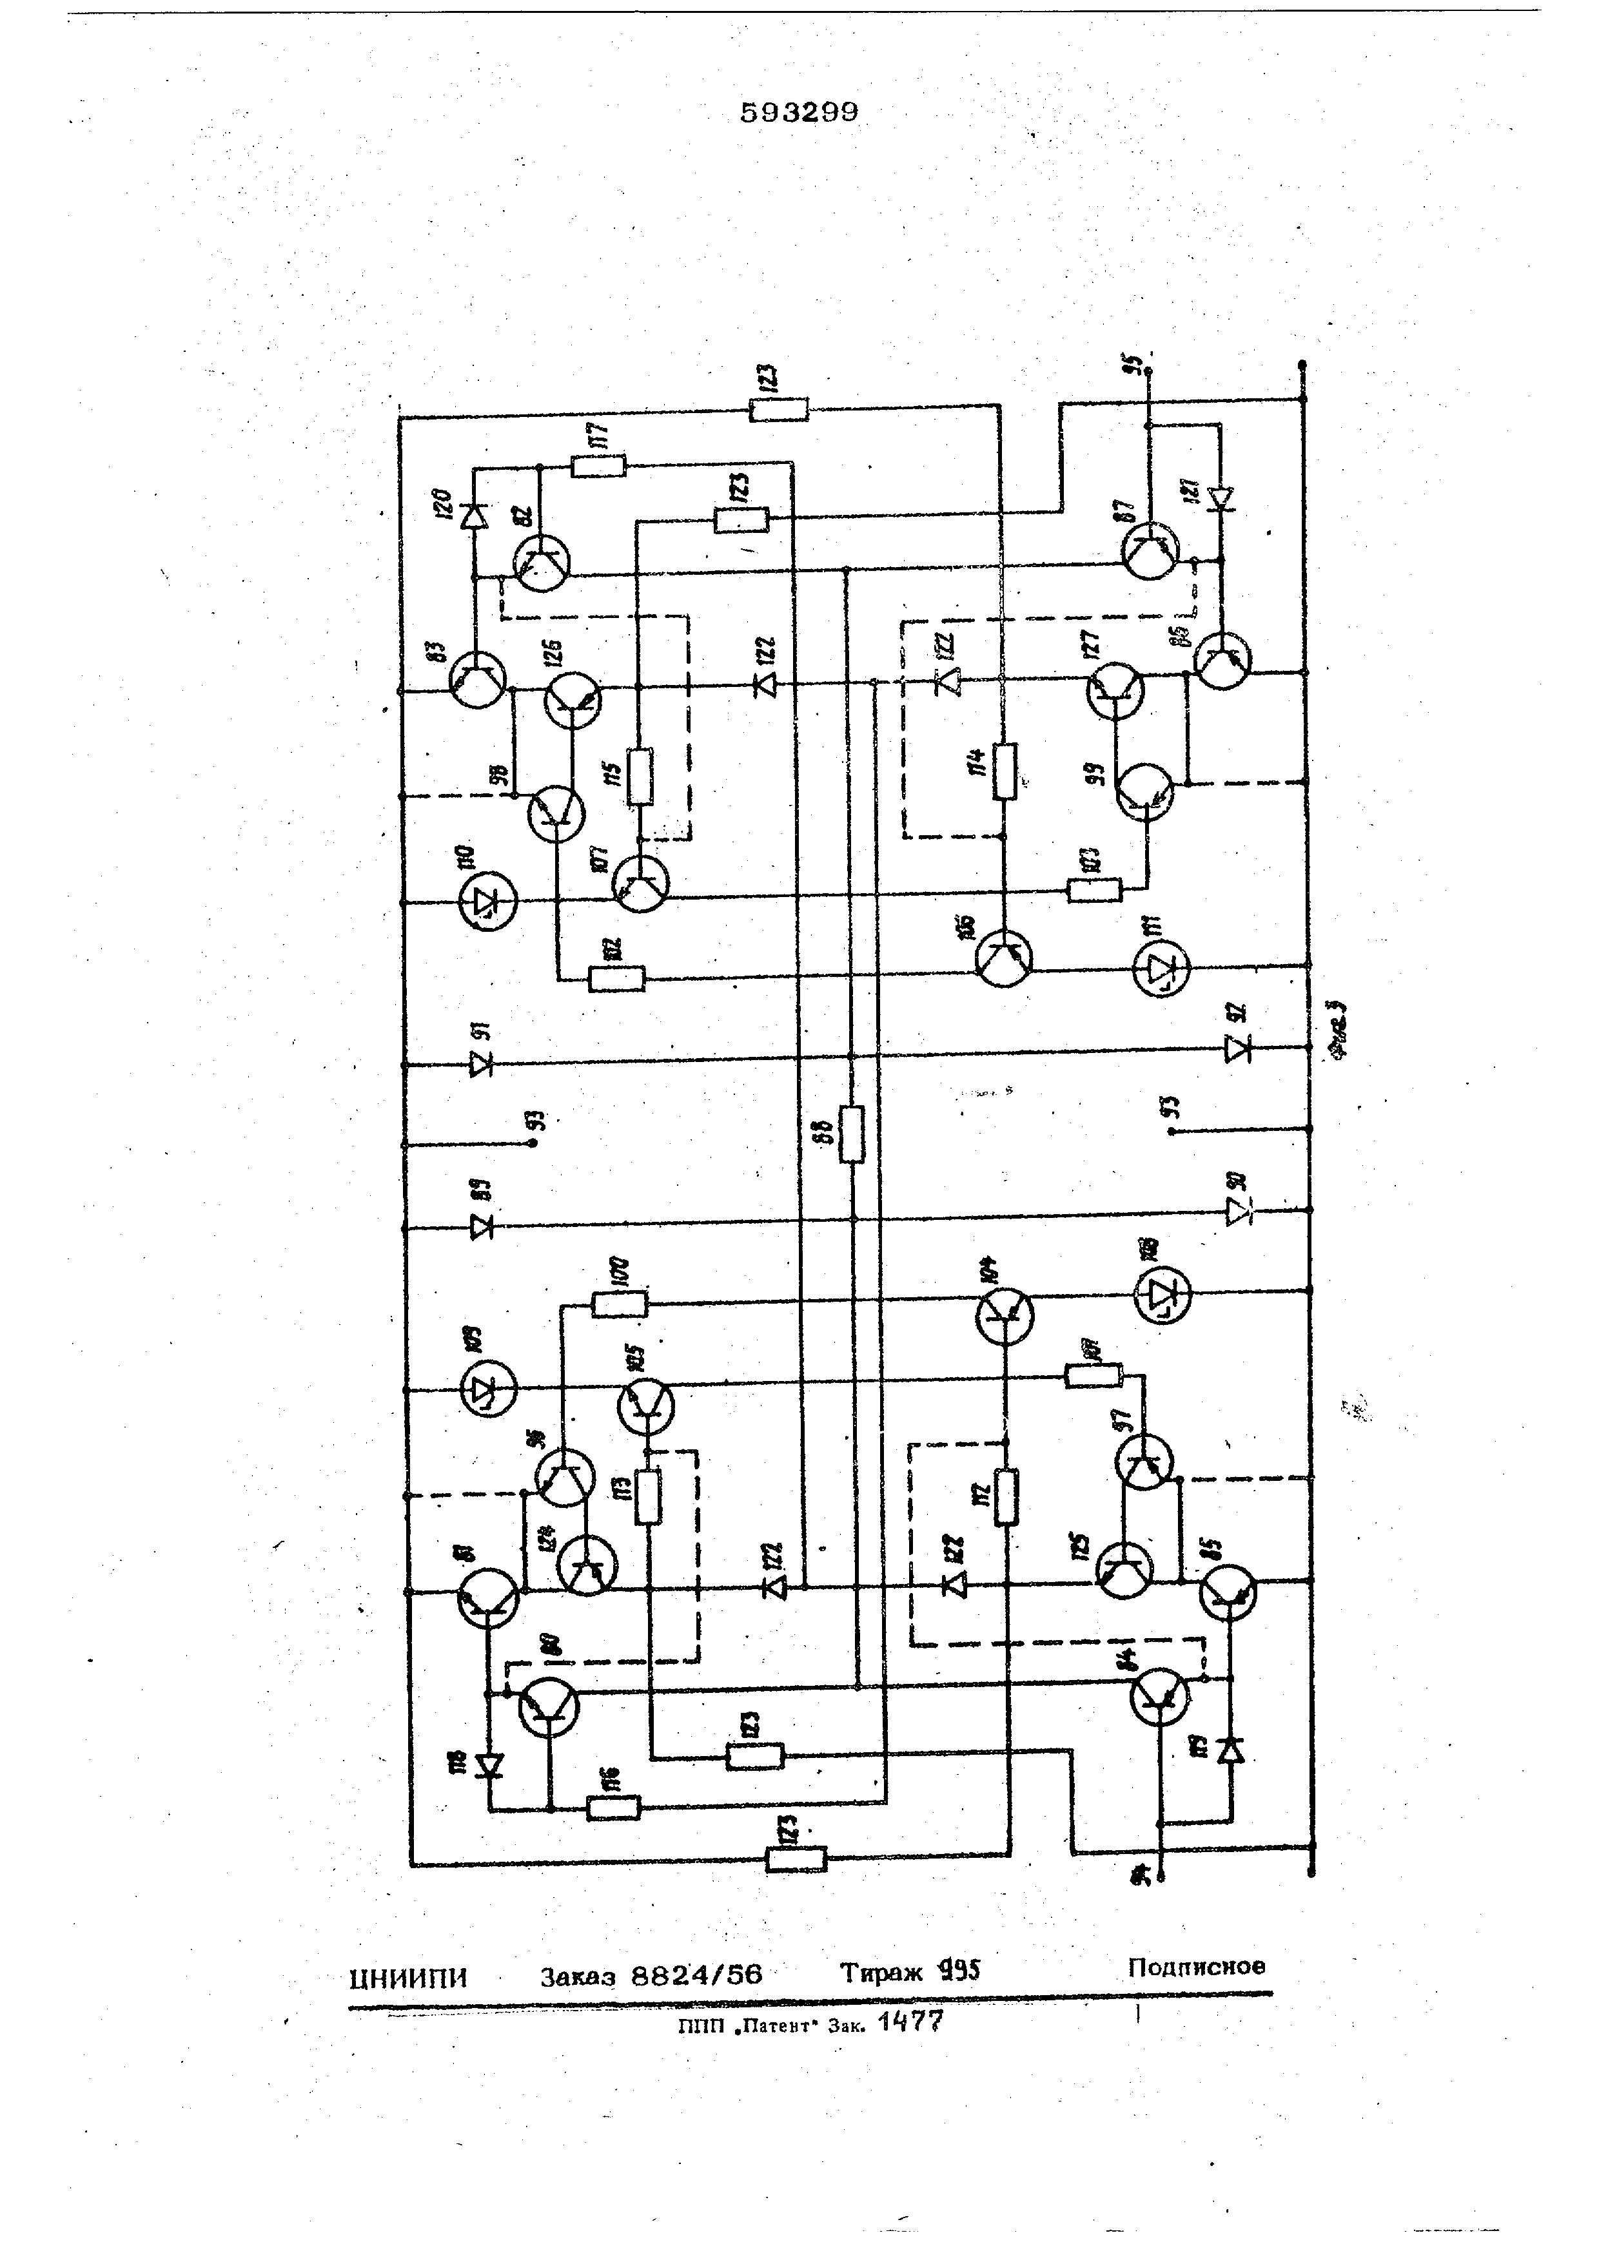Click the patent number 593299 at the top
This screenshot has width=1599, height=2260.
pyautogui.click(x=799, y=113)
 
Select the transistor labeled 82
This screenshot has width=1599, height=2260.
pyautogui.click(x=540, y=563)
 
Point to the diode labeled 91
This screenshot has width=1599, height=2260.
pyautogui.click(x=482, y=1064)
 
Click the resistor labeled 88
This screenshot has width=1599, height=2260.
pyautogui.click(x=852, y=1134)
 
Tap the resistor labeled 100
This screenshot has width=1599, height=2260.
pyautogui.click(x=620, y=1305)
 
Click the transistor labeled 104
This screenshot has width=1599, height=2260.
pyautogui.click(x=1005, y=1317)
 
